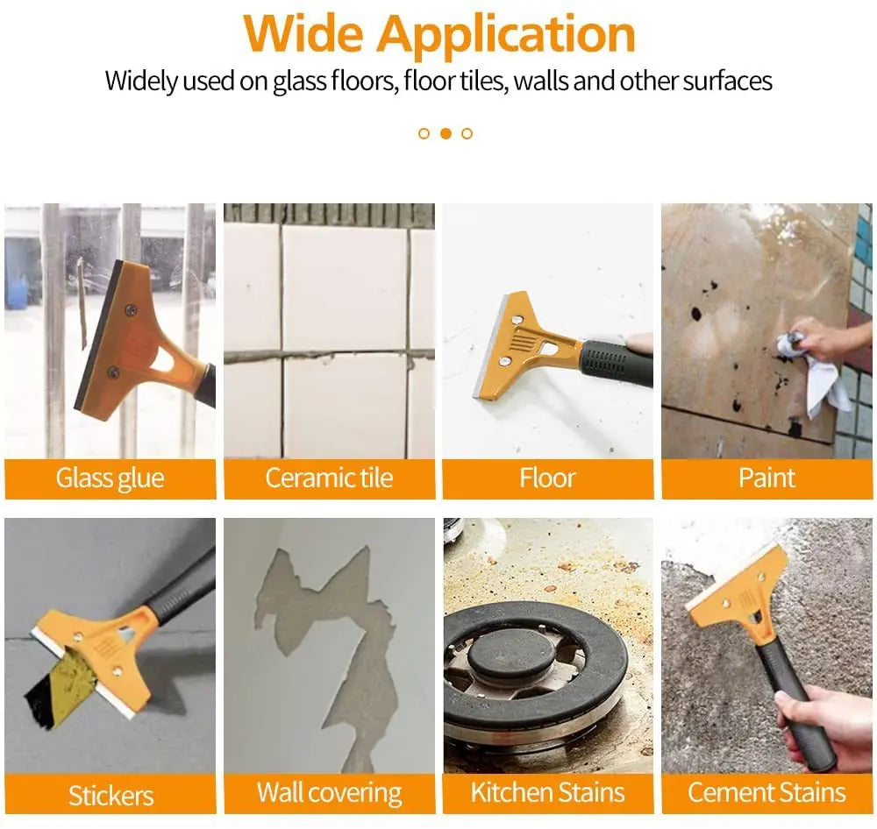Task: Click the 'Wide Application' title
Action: (x=439, y=34)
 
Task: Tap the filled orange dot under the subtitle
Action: (x=446, y=133)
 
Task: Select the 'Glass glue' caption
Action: (x=110, y=478)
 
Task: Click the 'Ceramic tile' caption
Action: (x=329, y=478)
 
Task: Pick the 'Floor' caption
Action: (x=547, y=478)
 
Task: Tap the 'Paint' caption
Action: (x=766, y=478)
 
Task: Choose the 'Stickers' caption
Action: (x=111, y=795)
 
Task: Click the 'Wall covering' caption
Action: (x=329, y=793)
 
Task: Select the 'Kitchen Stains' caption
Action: (x=547, y=793)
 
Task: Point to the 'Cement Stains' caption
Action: (x=766, y=793)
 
